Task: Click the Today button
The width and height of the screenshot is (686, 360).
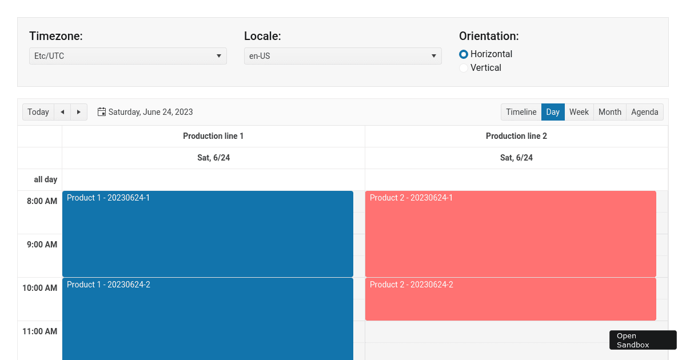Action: pyautogui.click(x=38, y=112)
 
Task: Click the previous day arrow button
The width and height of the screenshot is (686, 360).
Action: pyautogui.click(x=62, y=112)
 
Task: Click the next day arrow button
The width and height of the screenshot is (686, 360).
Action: pyautogui.click(x=79, y=112)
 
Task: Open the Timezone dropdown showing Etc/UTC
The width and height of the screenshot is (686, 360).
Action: pyautogui.click(x=127, y=56)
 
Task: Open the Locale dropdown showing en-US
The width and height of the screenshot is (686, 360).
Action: pyautogui.click(x=342, y=56)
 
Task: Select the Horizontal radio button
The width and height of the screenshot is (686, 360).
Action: pyautogui.click(x=464, y=54)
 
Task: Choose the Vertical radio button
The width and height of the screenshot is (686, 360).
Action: pyautogui.click(x=464, y=68)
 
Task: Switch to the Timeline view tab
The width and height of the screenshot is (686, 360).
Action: pyautogui.click(x=521, y=112)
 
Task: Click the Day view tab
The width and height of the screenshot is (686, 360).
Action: pyautogui.click(x=553, y=112)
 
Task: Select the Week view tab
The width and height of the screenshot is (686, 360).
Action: pyautogui.click(x=579, y=112)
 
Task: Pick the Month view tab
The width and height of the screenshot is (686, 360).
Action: pyautogui.click(x=609, y=112)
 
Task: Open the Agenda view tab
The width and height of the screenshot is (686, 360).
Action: pyautogui.click(x=644, y=112)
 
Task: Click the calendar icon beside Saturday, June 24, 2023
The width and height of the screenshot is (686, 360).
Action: pyautogui.click(x=102, y=112)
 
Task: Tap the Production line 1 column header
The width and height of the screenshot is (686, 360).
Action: pyautogui.click(x=213, y=136)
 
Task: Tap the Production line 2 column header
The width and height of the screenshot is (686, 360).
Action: pyautogui.click(x=516, y=136)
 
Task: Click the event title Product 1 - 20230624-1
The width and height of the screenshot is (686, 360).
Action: pyautogui.click(x=108, y=198)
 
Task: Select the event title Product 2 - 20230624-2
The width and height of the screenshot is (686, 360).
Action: pyautogui.click(x=411, y=285)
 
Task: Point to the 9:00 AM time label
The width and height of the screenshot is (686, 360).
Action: pyautogui.click(x=42, y=245)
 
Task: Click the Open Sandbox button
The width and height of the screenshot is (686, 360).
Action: pyautogui.click(x=643, y=340)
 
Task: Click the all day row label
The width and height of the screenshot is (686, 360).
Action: pyautogui.click(x=45, y=179)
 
